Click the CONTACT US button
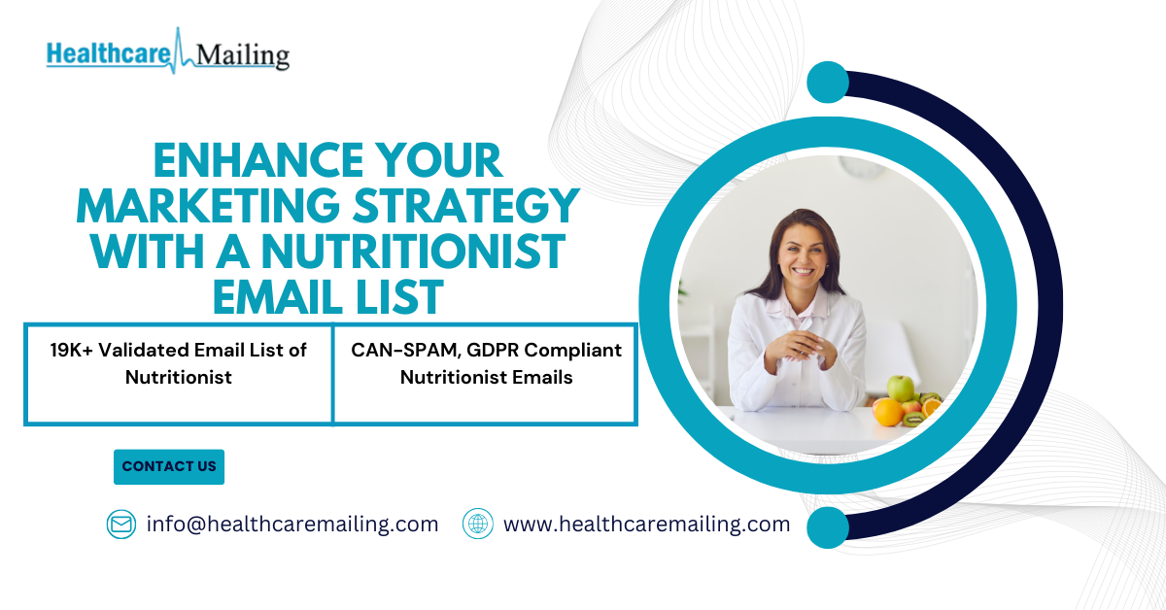coord(169,467)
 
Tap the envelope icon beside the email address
coord(121,525)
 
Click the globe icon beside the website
coord(478,524)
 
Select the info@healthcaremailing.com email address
coord(292,525)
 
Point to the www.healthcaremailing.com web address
coord(646,525)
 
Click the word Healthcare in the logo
coord(109,54)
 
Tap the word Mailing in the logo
coord(243,56)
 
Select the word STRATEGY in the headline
coord(466,206)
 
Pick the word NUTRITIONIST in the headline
coord(413,252)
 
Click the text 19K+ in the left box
coord(71,351)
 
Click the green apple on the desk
coord(900,388)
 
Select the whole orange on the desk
coord(888,412)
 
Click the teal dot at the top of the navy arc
coord(828,83)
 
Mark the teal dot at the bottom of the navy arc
coord(828,527)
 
